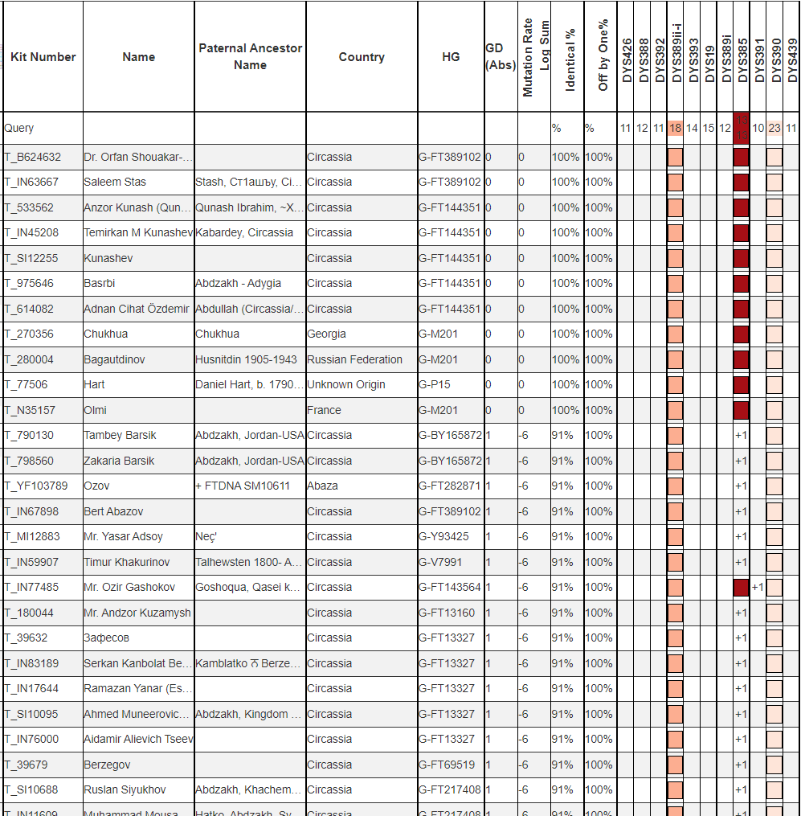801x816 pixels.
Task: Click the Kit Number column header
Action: point(43,57)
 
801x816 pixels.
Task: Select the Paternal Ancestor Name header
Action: point(250,56)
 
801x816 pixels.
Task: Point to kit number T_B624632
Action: point(33,157)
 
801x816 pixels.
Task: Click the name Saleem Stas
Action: point(115,182)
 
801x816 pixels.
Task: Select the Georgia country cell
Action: point(326,334)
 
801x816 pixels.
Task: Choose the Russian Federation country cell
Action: point(354,359)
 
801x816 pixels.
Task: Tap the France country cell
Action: point(324,410)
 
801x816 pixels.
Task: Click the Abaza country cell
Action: point(322,486)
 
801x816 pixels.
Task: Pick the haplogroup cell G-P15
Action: point(439,384)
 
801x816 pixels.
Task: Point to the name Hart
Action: point(94,384)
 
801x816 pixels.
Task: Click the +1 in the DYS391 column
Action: point(758,587)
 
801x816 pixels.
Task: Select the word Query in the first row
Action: point(19,128)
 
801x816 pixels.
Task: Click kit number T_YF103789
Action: point(36,486)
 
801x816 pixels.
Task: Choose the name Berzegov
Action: point(107,765)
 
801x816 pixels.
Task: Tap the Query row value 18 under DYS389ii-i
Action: point(675,128)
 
